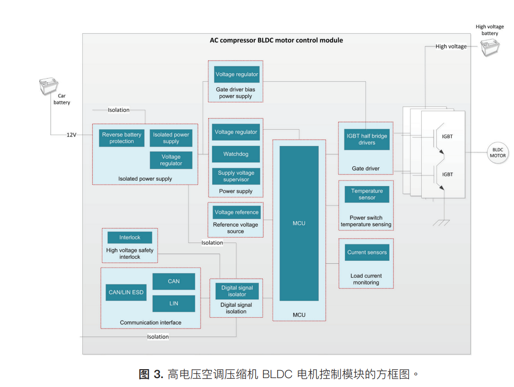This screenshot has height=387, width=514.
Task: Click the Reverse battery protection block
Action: pyautogui.click(x=121, y=138)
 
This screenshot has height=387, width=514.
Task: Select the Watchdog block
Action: pyautogui.click(x=235, y=154)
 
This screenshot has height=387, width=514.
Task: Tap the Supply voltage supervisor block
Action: pyautogui.click(x=235, y=176)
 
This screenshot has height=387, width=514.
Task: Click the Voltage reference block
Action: pyautogui.click(x=236, y=212)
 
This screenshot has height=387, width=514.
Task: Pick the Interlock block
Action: pyautogui.click(x=129, y=238)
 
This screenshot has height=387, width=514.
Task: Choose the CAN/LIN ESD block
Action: pyautogui.click(x=126, y=292)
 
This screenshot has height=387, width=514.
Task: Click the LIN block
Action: pyautogui.click(x=173, y=303)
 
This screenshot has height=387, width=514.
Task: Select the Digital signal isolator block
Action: pyautogui.click(x=237, y=291)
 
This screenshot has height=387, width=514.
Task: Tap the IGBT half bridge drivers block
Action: pyautogui.click(x=367, y=140)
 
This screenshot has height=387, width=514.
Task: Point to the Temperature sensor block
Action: pyautogui.click(x=367, y=194)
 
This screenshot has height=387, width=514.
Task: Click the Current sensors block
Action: pyautogui.click(x=367, y=252)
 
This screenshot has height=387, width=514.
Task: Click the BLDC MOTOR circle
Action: pyautogui.click(x=498, y=152)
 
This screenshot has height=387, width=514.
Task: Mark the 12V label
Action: pyautogui.click(x=71, y=135)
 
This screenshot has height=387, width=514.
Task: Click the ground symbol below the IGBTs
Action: pyautogui.click(x=441, y=223)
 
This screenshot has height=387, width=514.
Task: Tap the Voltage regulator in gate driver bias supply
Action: pyautogui.click(x=236, y=74)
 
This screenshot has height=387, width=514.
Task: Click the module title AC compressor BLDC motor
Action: pyautogui.click(x=276, y=40)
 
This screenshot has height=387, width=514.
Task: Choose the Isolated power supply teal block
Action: pyautogui.click(x=171, y=138)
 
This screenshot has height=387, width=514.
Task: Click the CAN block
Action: pyautogui.click(x=173, y=282)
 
